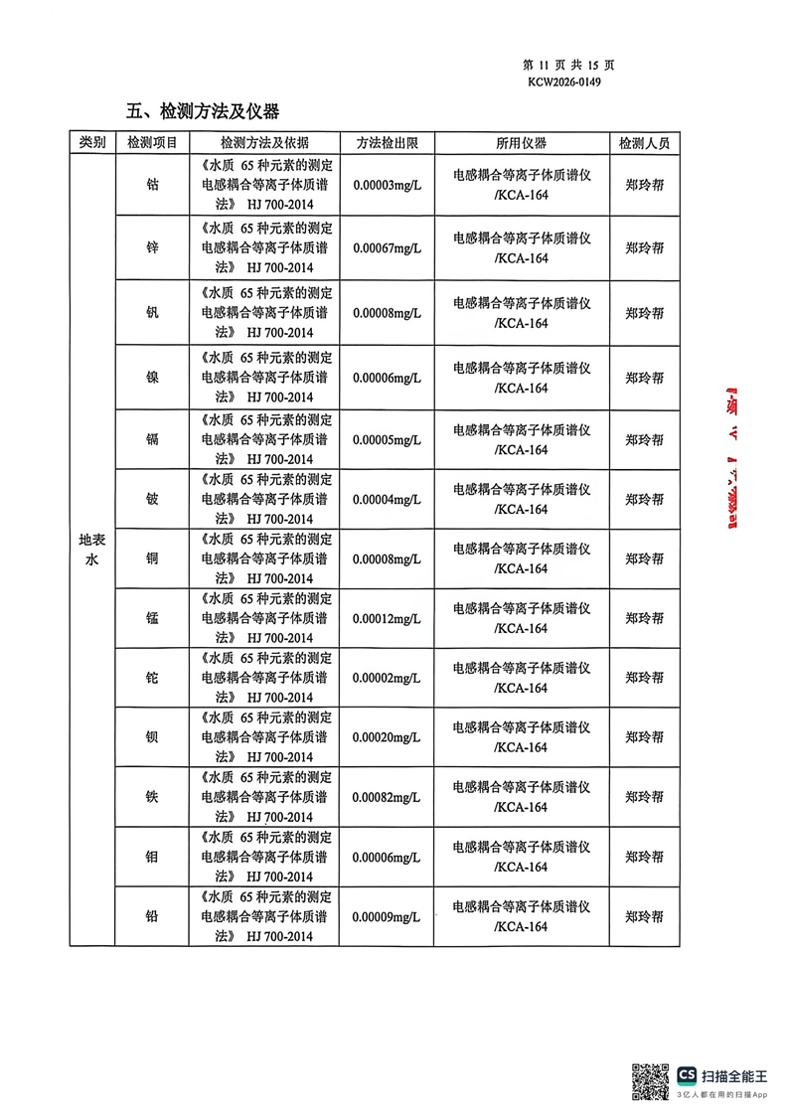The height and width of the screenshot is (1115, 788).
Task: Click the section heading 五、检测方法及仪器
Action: [203, 110]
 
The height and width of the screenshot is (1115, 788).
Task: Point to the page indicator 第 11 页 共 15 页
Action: [567, 65]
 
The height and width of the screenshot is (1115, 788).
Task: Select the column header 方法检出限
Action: [387, 143]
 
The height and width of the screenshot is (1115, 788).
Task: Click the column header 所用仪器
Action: [521, 143]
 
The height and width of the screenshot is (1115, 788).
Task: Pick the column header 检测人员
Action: [644, 143]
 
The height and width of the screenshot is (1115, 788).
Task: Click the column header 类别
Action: [92, 143]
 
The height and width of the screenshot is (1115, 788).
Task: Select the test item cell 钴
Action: [152, 185]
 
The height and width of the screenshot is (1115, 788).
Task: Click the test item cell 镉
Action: [152, 439]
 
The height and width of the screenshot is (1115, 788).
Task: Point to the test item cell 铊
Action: [152, 678]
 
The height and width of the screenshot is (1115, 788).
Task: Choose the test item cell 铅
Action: [152, 916]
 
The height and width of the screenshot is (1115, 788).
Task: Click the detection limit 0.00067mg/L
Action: [387, 248]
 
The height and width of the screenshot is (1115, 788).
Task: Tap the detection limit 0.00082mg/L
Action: [387, 797]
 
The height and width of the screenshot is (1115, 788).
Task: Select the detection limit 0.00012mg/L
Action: [387, 618]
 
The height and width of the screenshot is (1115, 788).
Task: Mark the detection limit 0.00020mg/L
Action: [387, 737]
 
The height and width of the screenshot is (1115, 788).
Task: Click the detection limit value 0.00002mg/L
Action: [387, 678]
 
